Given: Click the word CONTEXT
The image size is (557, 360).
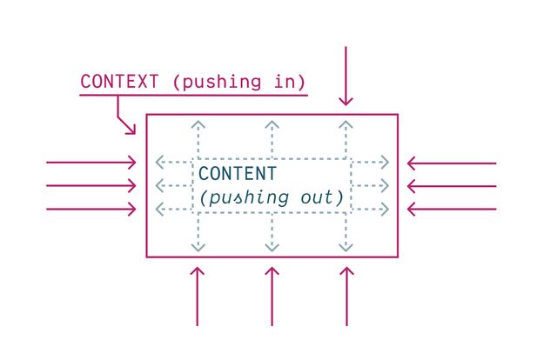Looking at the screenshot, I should point(120,82).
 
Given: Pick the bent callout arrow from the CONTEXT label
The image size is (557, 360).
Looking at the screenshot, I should point(124,117).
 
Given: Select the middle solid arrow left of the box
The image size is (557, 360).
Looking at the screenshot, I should point(91,185).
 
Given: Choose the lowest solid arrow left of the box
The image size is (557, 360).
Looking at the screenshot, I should point(91,209).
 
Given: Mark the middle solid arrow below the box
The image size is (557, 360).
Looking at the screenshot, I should point(272,296).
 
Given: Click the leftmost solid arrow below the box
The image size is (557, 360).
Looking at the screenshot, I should point(197,296).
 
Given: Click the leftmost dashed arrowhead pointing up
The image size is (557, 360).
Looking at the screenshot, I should point(197,125).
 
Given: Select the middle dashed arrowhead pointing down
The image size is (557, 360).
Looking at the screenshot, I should point(272,247).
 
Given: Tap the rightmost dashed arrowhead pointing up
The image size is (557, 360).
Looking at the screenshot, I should point(346,125).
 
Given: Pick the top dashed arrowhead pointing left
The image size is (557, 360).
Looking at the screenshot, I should point(159,163).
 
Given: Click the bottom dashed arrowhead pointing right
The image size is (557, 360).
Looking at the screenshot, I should point(384,209).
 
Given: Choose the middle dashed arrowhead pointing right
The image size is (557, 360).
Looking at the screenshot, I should point(384,185).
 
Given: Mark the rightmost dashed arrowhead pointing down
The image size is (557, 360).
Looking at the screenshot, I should point(346,247).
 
